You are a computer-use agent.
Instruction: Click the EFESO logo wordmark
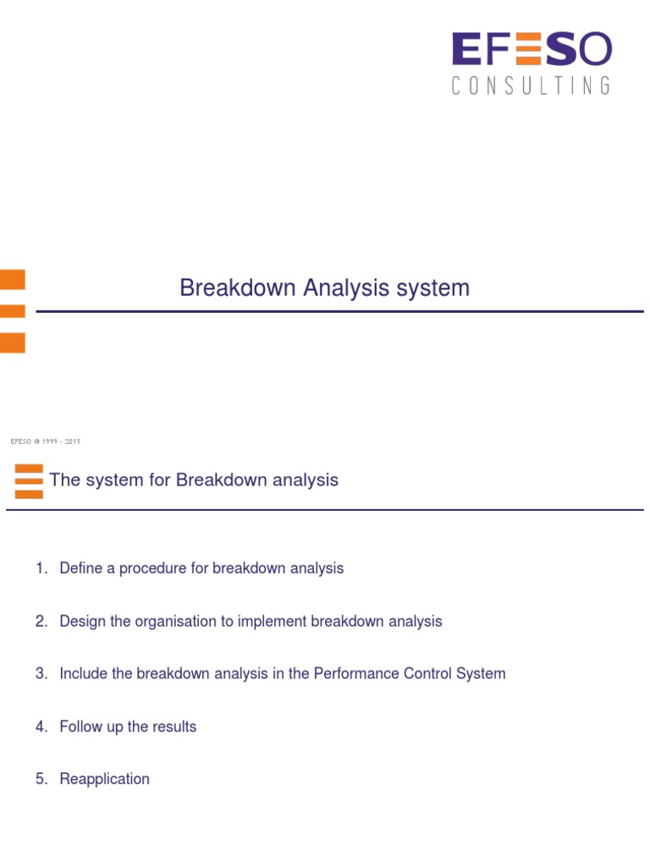pos(531,50)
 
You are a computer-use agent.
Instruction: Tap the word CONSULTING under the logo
pos(531,85)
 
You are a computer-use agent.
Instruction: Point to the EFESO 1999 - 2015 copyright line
pos(45,441)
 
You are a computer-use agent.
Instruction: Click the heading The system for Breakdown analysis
pos(194,480)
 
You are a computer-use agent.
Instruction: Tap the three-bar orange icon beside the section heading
pos(29,481)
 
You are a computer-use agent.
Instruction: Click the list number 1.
pos(41,568)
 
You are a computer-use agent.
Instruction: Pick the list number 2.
pos(41,622)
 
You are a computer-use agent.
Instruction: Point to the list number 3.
pos(41,674)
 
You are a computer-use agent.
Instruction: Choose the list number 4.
pos(41,726)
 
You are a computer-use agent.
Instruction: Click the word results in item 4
pos(174,726)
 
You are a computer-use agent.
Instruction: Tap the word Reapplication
pos(104,779)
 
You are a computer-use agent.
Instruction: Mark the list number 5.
pos(41,779)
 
